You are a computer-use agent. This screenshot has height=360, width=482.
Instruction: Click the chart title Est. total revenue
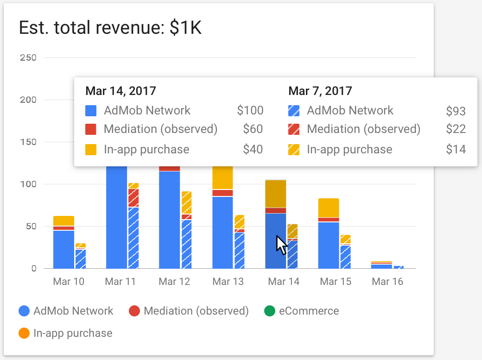click(110, 29)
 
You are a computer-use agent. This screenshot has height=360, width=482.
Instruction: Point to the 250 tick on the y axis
click(28, 57)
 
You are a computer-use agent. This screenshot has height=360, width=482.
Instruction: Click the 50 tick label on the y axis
click(31, 227)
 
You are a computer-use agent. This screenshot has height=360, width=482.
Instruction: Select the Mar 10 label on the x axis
click(69, 282)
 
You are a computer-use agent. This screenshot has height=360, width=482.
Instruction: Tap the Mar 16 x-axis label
click(387, 282)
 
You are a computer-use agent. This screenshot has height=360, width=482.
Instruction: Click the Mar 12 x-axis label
click(174, 282)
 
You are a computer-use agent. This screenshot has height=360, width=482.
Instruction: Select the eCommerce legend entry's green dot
click(269, 311)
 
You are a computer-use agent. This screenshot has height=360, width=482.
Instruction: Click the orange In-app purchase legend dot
click(25, 333)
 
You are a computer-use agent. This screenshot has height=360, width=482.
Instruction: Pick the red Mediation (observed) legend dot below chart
click(134, 311)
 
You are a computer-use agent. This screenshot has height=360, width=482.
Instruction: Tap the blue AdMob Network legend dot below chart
click(25, 311)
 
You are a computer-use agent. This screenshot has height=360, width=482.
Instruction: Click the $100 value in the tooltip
click(250, 111)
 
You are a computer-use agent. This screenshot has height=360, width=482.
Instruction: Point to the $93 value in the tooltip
click(456, 111)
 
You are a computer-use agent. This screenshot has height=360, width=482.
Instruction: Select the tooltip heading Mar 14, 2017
click(121, 91)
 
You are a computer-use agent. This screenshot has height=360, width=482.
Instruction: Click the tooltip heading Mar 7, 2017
click(320, 91)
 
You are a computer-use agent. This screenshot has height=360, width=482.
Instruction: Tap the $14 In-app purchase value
click(456, 149)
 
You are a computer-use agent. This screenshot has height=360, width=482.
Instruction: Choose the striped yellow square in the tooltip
click(294, 149)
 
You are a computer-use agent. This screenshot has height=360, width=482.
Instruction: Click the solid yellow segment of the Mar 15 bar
click(329, 208)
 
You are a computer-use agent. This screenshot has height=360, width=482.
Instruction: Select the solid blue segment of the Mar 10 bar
click(63, 249)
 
